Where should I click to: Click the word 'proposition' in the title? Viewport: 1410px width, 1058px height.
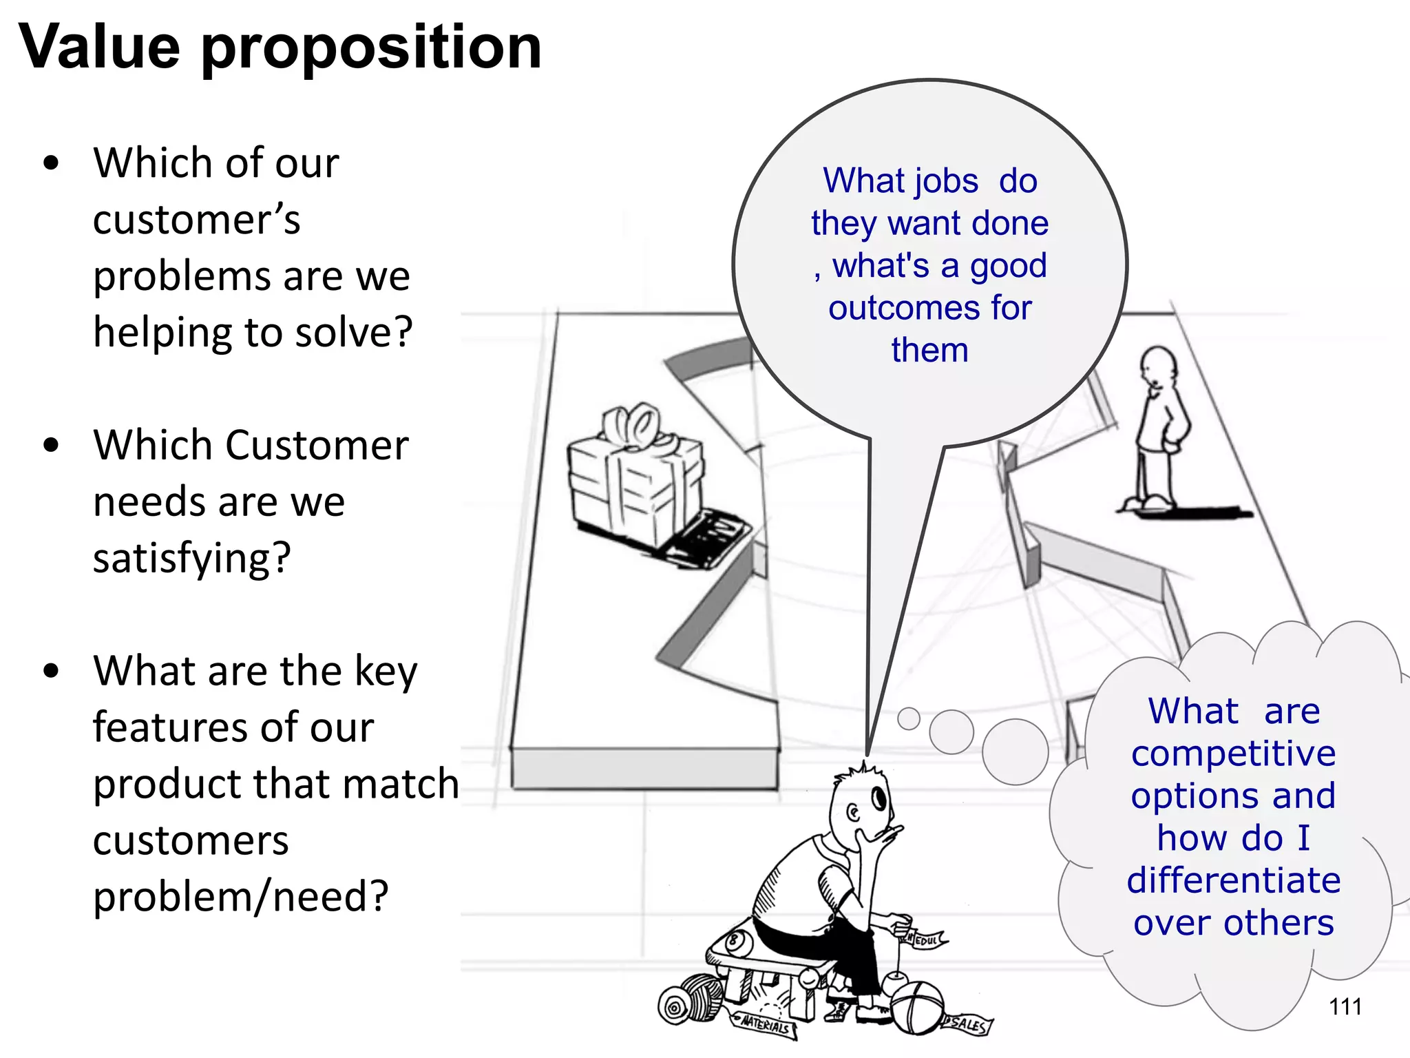pyautogui.click(x=372, y=48)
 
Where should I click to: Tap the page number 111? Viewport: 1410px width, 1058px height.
pyautogui.click(x=1345, y=1007)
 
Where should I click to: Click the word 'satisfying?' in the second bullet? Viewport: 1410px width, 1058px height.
pyautogui.click(x=192, y=558)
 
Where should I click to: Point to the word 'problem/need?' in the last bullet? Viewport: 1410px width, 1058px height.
pyautogui.click(x=241, y=897)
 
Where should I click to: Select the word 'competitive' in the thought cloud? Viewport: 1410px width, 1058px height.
pyautogui.click(x=1233, y=754)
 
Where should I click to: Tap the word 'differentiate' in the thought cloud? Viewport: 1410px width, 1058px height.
pyautogui.click(x=1233, y=881)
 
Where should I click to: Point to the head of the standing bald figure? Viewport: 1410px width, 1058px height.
pyautogui.click(x=1158, y=366)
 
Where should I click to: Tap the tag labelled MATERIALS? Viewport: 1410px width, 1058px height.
pyautogui.click(x=764, y=1025)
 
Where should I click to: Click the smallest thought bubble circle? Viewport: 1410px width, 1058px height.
pyautogui.click(x=909, y=718)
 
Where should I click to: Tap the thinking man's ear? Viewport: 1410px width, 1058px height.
pyautogui.click(x=854, y=813)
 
